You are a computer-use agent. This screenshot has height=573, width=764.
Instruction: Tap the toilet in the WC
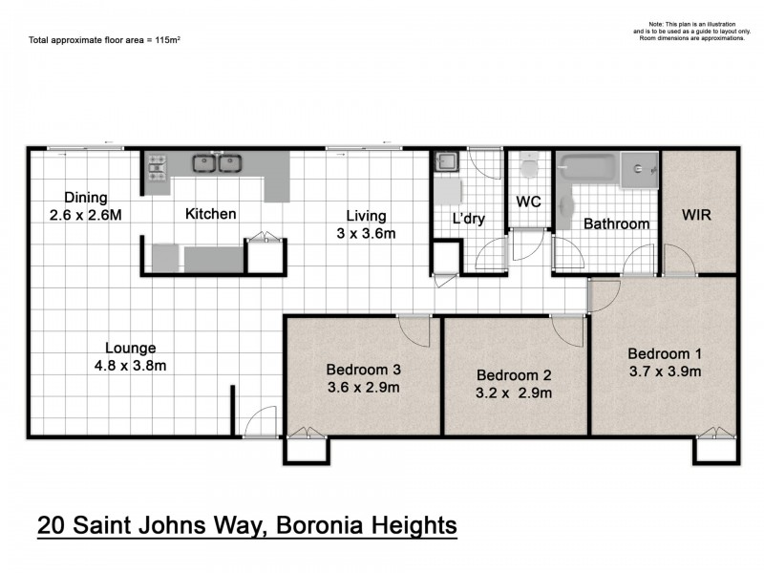[527, 170]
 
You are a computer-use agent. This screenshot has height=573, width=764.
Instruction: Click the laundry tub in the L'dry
[446, 163]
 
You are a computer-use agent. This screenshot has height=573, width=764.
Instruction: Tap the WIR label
[696, 215]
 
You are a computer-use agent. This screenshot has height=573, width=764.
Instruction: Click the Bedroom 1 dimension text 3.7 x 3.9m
[665, 371]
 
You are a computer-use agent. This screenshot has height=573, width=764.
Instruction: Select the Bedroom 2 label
[514, 375]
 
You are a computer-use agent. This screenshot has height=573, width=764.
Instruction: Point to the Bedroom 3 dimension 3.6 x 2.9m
[363, 387]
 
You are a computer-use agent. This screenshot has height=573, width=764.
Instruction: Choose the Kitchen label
[210, 214]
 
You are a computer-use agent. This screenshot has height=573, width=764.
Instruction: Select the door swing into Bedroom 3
[414, 331]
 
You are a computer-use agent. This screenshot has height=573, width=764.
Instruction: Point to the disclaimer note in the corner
[688, 31]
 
